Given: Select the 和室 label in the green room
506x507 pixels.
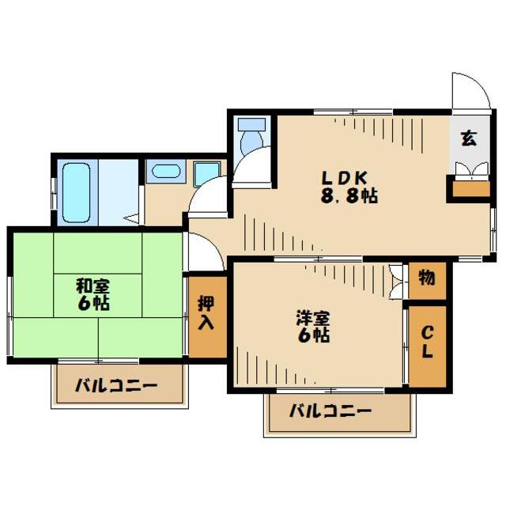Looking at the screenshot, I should [x=93, y=285].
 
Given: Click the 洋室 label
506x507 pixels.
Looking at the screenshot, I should [x=313, y=319].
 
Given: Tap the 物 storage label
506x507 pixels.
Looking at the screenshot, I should [x=427, y=278].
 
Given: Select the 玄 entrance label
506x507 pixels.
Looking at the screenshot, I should [x=468, y=138].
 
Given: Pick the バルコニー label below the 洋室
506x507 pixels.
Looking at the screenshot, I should [x=330, y=411].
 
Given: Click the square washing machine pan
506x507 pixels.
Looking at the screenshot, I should [x=207, y=172].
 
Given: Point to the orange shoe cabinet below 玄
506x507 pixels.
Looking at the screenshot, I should [x=468, y=190].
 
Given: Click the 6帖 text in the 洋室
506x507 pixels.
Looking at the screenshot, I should [x=313, y=335].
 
